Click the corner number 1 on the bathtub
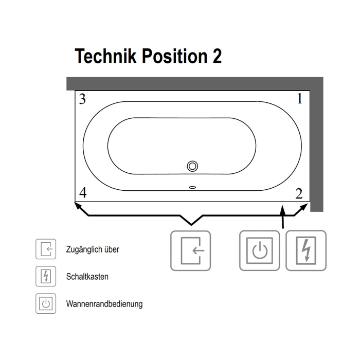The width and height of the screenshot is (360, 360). (300, 99)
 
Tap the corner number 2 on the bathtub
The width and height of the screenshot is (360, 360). (299, 193)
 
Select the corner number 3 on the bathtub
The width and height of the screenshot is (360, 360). (82, 99)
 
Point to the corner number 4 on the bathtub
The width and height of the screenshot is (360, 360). (83, 193)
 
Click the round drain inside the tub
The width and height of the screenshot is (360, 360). (192, 166)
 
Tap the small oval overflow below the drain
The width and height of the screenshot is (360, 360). (192, 188)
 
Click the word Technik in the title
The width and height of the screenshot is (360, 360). (105, 56)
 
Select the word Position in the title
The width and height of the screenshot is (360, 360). (175, 56)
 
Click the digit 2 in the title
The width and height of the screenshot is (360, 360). (217, 56)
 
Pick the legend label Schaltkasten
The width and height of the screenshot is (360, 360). (87, 277)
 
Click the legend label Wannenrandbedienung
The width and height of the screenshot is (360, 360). (104, 304)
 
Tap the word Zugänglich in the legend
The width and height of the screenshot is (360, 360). (84, 249)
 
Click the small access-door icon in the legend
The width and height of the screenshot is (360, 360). (46, 249)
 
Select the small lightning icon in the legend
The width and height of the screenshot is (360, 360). (46, 276)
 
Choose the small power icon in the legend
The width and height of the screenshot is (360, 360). (46, 303)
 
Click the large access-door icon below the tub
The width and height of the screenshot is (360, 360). (191, 251)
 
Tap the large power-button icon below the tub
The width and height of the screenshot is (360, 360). (259, 250)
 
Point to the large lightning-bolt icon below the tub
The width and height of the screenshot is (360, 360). (306, 250)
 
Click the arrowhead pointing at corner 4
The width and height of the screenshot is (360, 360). (78, 205)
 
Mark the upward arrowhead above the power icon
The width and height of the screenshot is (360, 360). (283, 210)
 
